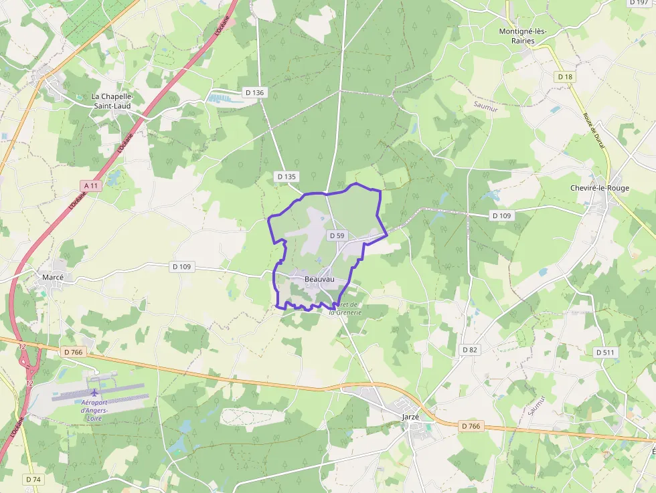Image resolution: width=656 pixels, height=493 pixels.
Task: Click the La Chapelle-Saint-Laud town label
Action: point(112,101)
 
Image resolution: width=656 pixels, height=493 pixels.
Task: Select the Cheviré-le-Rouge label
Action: point(600,188)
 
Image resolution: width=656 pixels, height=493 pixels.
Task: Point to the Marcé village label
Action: point(53,277)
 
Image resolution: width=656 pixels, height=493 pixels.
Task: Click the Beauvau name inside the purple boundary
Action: point(319,279)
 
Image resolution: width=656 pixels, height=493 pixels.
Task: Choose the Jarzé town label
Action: point(410,417)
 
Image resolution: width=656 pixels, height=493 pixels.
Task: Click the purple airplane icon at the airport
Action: point(94,392)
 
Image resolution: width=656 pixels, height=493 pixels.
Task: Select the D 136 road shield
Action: point(255,92)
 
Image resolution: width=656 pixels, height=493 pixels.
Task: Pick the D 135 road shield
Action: point(286,177)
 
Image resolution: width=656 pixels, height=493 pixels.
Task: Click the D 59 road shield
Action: point(337,236)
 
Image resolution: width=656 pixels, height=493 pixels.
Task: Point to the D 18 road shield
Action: point(566,77)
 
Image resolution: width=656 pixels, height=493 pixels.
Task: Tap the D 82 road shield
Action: point(470,350)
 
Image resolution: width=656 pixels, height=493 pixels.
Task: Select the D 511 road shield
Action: point(606,352)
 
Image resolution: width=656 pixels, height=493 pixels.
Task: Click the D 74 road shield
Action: point(33,479)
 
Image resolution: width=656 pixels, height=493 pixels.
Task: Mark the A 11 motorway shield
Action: point(91,185)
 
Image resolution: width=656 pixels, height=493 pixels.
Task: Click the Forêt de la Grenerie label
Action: point(345,308)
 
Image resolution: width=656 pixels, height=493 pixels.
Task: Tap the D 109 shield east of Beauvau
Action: point(501,215)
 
